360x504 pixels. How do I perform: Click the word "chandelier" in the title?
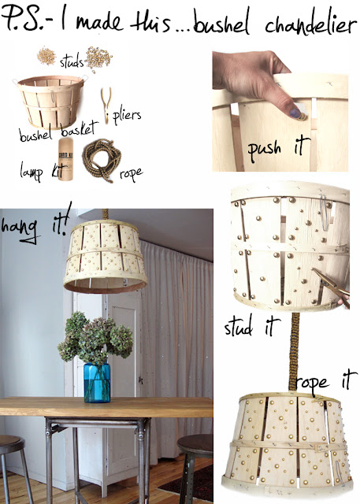pos(310,24)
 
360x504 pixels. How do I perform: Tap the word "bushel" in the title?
pos(222,23)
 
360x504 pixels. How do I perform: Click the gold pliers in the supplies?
pos(106,105)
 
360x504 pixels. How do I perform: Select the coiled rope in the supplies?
pos(102,161)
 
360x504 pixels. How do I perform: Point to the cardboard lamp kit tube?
pos(65,159)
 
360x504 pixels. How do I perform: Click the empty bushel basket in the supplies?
pos(51,102)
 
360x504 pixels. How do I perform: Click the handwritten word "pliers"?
pos(127,116)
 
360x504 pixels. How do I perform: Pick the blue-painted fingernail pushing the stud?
pos(296,113)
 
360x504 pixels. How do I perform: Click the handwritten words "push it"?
pos(278,148)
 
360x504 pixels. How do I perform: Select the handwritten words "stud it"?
pos(252,326)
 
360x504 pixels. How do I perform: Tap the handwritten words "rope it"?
pos(326,381)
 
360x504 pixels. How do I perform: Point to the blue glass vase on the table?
pos(97,383)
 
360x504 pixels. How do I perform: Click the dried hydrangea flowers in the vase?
pos(95,336)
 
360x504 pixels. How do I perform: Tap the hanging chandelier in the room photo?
pos(105,257)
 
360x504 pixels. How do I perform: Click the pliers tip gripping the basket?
pos(314,271)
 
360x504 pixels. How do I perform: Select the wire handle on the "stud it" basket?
pos(325,212)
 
